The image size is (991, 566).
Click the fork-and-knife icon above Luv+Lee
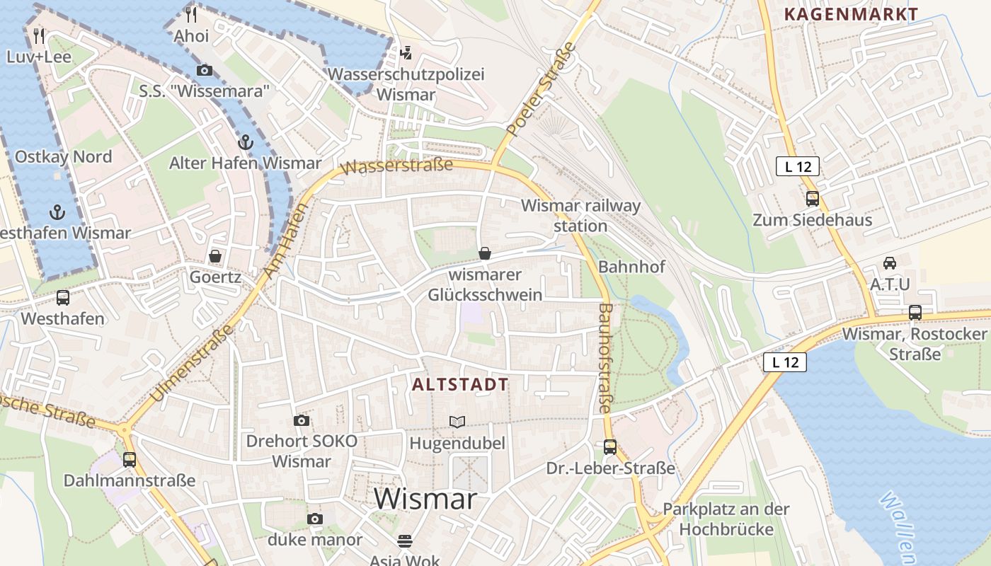[x=39, y=35]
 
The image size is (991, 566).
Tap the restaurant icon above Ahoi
[x=191, y=13]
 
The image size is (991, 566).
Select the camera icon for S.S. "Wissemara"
[x=204, y=70]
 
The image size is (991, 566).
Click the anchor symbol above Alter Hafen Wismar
[x=245, y=141]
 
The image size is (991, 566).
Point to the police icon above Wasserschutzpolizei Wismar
[x=406, y=52]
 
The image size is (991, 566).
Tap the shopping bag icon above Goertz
[x=215, y=255]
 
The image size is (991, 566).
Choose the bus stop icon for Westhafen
[x=63, y=297]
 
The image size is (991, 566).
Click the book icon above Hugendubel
[x=457, y=422]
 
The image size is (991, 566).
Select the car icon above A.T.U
[x=890, y=263]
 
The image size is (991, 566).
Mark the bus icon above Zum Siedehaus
[x=812, y=199]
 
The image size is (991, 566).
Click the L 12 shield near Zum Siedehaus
[x=798, y=166]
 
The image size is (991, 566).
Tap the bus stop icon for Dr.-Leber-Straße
[x=610, y=447]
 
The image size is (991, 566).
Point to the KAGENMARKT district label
[x=851, y=14]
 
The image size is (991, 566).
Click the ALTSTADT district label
[x=460, y=385]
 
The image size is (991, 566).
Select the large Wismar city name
[x=425, y=499]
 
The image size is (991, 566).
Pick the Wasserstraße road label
[x=396, y=167]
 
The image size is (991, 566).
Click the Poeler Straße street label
[x=542, y=89]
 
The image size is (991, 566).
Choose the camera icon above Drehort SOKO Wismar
[x=302, y=420]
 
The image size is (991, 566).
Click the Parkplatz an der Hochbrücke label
[x=726, y=519]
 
